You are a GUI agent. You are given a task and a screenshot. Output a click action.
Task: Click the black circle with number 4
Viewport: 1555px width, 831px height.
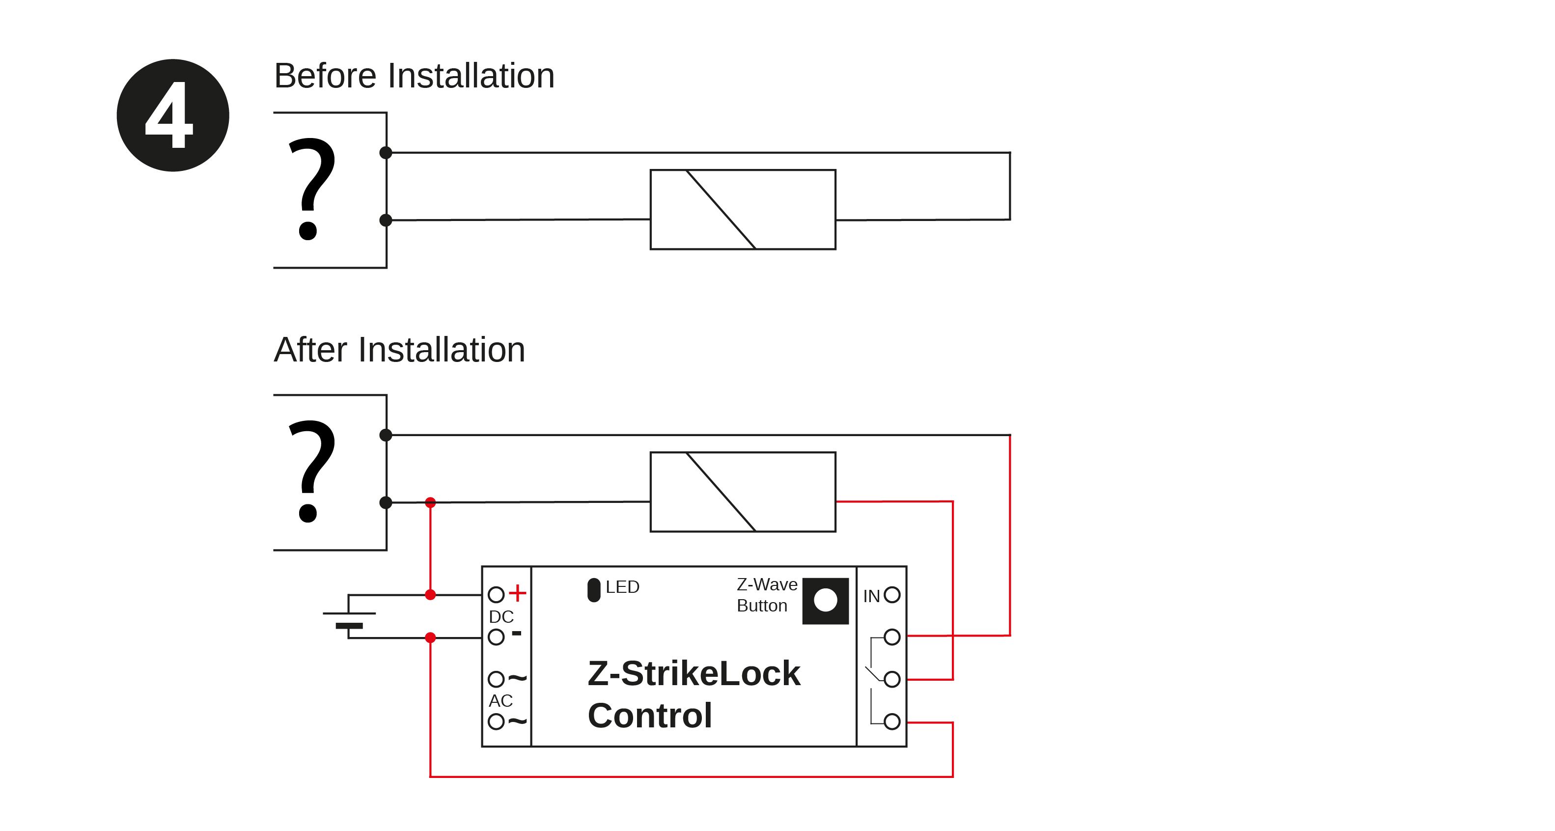point(173,115)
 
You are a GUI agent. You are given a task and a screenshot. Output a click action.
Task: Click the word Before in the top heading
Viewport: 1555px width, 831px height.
point(325,76)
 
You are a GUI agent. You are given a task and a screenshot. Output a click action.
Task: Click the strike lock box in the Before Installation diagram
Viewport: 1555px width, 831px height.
point(743,209)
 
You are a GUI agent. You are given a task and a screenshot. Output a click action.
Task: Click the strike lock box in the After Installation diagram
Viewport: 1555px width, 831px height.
point(743,492)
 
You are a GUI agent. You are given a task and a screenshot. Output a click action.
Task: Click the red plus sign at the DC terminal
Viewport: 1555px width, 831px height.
point(517,593)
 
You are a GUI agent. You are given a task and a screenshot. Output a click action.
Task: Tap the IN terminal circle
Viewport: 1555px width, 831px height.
point(891,595)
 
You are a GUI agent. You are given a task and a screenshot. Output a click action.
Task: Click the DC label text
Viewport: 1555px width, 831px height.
point(501,617)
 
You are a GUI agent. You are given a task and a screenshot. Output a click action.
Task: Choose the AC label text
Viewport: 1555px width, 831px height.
point(500,701)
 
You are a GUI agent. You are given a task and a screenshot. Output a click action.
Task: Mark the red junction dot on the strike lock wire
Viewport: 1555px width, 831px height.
point(430,502)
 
